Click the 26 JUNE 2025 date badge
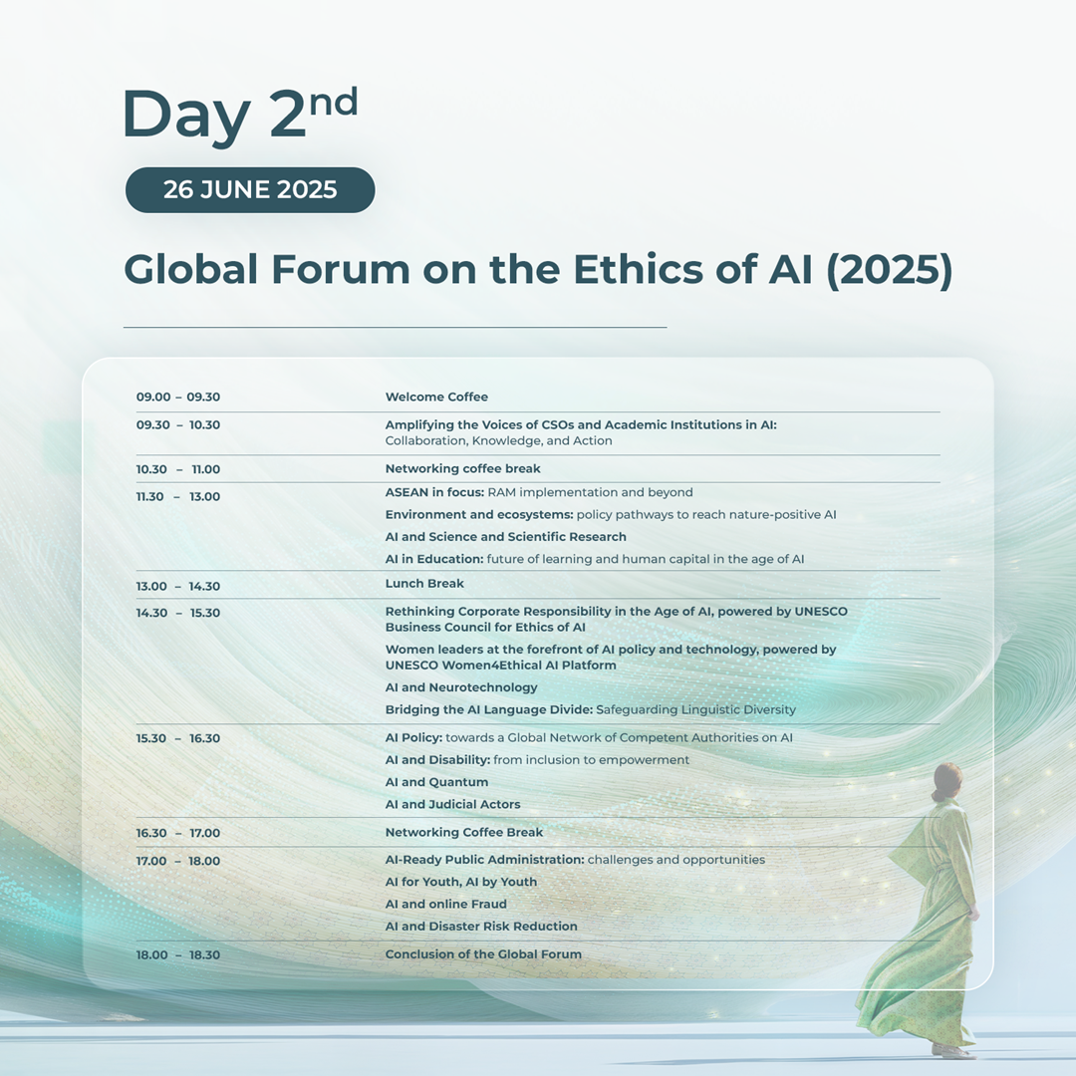click(x=250, y=190)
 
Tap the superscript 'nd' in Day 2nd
click(x=334, y=103)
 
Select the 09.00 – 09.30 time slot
click(x=177, y=397)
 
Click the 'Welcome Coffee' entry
click(x=436, y=397)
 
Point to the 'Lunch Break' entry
click(x=424, y=583)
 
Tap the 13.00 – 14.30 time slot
click(x=177, y=586)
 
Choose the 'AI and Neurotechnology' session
click(x=461, y=687)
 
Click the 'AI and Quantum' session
click(x=436, y=782)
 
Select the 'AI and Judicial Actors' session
click(x=453, y=804)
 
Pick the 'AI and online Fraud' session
click(x=446, y=905)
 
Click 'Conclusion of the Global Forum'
click(x=483, y=953)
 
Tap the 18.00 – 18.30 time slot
click(x=177, y=954)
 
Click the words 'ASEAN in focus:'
click(x=435, y=493)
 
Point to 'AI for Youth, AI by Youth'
click(x=461, y=882)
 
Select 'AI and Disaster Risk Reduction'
click(x=481, y=927)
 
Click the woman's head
click(x=947, y=780)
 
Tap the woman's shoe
click(x=953, y=1051)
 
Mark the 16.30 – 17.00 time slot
click(x=177, y=833)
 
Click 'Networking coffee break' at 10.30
click(x=462, y=468)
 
